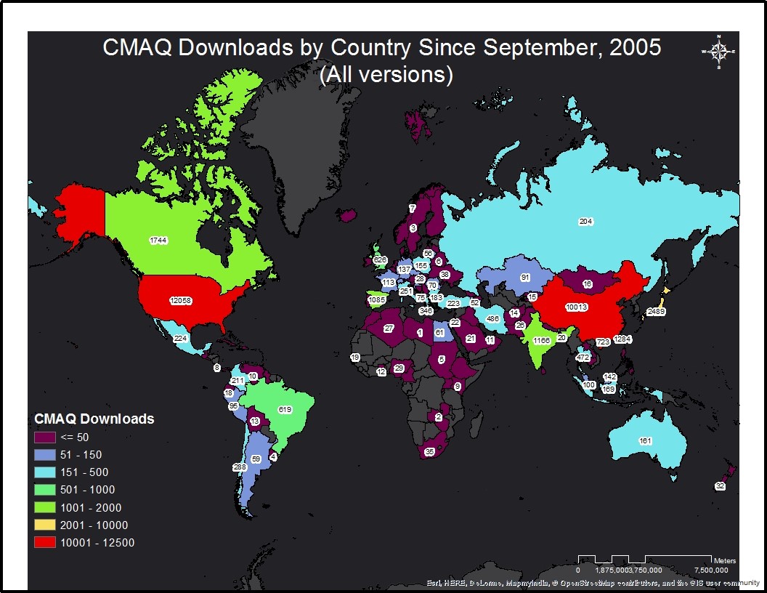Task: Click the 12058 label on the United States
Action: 181,301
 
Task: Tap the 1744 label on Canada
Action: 159,240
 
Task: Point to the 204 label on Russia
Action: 585,221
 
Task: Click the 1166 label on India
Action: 542,340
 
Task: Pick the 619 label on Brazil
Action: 285,410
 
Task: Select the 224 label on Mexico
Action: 181,338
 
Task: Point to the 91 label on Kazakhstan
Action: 524,277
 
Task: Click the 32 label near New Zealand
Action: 720,486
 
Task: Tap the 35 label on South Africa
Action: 429,452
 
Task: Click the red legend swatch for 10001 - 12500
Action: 45,542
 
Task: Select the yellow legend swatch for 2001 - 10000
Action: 45,525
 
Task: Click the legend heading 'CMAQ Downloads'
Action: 94,419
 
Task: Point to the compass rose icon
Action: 718,51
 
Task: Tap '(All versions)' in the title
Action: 386,74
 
